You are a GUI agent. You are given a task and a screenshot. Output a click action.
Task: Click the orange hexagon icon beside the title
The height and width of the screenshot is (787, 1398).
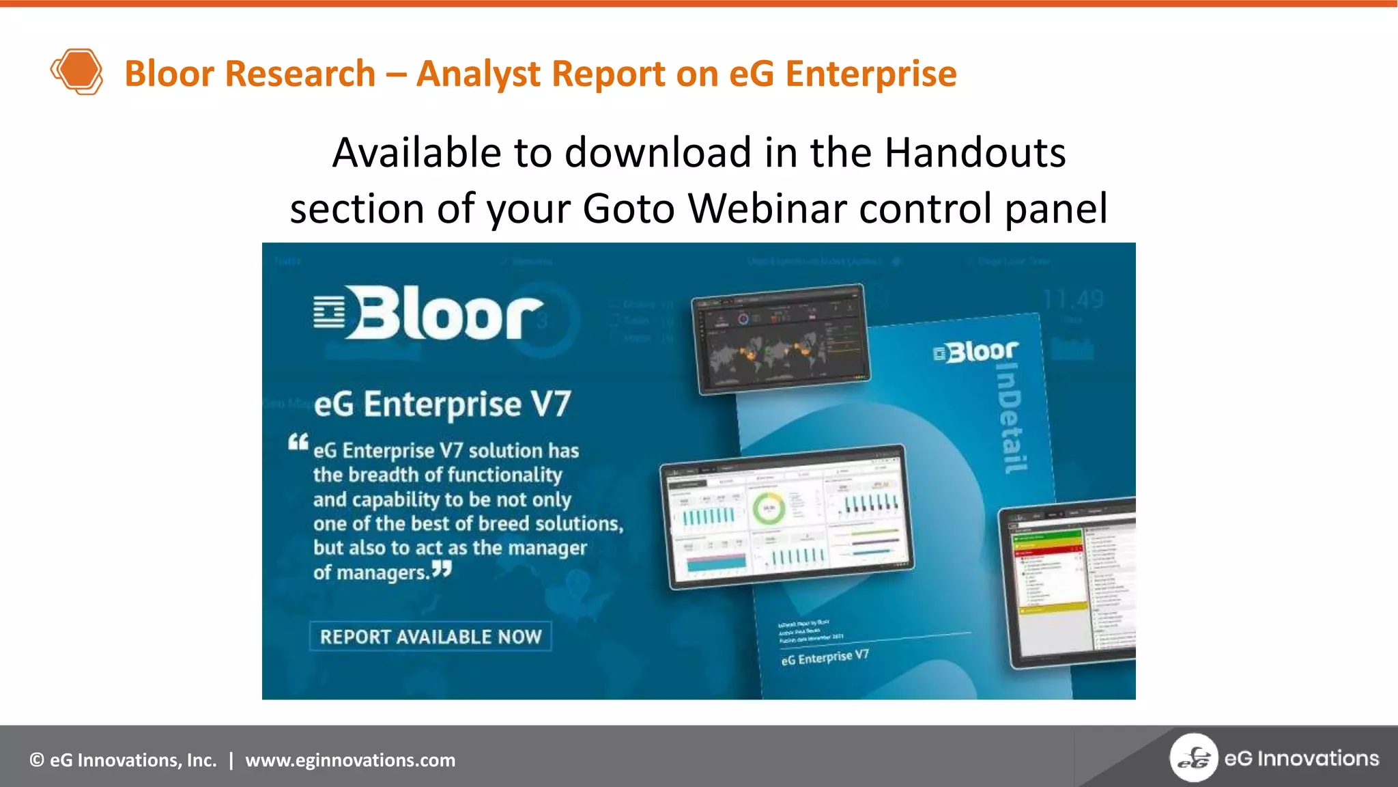[x=77, y=71]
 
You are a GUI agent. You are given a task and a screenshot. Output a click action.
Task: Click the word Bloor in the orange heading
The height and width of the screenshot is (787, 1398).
[x=169, y=74]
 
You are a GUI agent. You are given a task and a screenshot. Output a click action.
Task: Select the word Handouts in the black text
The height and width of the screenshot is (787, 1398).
[x=975, y=152]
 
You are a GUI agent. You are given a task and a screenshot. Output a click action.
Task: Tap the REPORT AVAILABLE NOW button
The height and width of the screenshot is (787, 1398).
[x=430, y=637]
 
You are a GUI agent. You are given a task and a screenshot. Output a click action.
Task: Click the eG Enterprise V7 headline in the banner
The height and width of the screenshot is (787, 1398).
[x=442, y=404]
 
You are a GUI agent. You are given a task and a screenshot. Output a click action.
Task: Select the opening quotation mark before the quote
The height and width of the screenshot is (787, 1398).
[x=298, y=442]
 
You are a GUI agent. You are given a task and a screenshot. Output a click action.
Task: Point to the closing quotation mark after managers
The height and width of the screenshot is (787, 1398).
[x=442, y=568]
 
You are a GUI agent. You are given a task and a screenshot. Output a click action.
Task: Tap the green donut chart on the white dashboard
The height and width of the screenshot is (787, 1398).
[x=769, y=509]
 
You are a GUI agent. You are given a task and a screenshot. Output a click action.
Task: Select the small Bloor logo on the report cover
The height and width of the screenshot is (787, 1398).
[x=976, y=352]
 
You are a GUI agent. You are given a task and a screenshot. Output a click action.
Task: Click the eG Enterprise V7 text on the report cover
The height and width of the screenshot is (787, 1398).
[x=825, y=657]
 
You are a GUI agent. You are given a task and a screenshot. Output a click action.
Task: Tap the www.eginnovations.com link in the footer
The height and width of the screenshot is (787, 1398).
[x=350, y=760]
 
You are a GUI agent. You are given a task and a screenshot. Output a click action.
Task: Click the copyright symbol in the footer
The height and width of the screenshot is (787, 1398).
[x=37, y=760]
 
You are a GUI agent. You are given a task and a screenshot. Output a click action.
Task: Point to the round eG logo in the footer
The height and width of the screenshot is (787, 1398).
[x=1193, y=758]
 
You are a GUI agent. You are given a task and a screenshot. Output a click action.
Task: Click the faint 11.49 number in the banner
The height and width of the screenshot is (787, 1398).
[x=1073, y=299]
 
